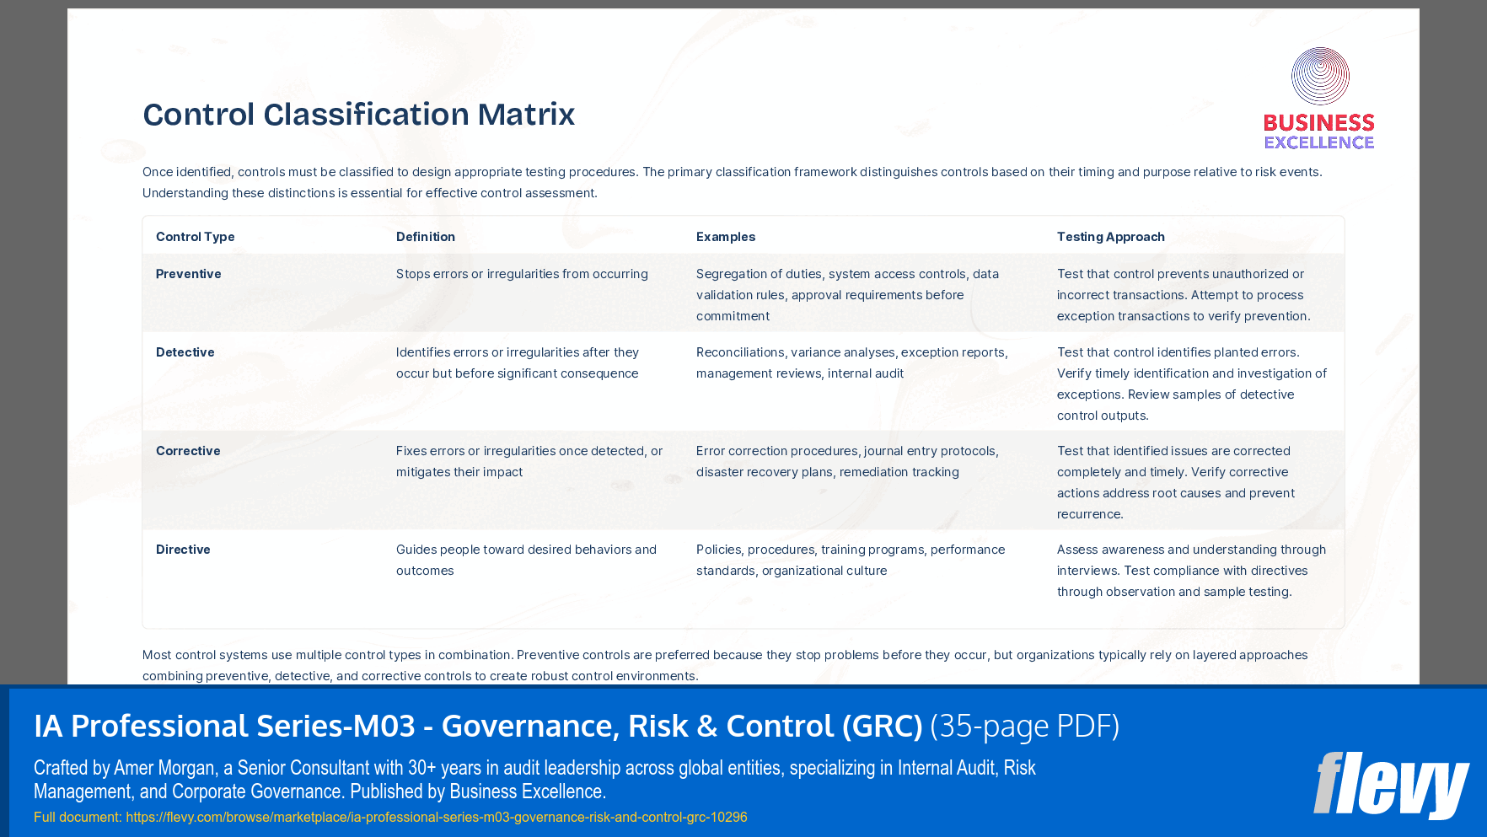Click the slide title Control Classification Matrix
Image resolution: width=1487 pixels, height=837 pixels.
(x=358, y=115)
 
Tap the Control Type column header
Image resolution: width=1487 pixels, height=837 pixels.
(x=195, y=237)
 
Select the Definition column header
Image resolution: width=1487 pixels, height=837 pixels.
(x=425, y=237)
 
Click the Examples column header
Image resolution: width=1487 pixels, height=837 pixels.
(x=725, y=237)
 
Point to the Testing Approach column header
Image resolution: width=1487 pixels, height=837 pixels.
(x=1110, y=237)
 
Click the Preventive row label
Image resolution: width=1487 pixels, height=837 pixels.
(x=188, y=274)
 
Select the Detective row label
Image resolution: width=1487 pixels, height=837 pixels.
(x=185, y=352)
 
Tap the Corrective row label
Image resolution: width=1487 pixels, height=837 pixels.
(x=188, y=451)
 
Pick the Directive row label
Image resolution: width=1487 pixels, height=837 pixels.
(x=183, y=550)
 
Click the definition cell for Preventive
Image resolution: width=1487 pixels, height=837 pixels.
(x=522, y=274)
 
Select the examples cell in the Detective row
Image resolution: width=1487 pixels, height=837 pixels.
(x=851, y=362)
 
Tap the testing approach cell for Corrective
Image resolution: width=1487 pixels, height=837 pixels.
(x=1175, y=482)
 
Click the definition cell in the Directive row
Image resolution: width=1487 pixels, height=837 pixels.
(x=526, y=560)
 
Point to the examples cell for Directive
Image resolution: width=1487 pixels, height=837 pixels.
(x=850, y=560)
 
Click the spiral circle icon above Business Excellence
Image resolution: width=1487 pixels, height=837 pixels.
(x=1320, y=77)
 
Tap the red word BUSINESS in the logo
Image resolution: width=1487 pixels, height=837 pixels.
(x=1318, y=123)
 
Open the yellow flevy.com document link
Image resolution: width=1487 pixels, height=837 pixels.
(x=436, y=817)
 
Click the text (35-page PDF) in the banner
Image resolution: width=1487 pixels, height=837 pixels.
(x=1024, y=726)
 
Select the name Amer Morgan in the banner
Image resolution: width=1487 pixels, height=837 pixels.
(x=164, y=768)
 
